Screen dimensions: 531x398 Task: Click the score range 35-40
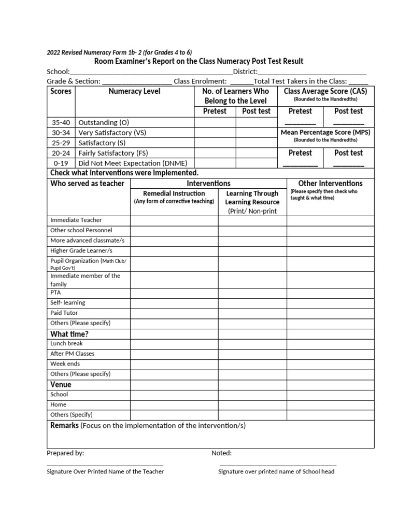61,123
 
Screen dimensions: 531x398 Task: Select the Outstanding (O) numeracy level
104,123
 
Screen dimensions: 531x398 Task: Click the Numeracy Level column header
134,91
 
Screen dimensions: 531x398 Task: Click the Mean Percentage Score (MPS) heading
325,132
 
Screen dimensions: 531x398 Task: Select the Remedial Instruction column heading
174,193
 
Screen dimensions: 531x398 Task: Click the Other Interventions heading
330,184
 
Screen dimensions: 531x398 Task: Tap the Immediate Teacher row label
76,220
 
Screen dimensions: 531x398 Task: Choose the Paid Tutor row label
64,313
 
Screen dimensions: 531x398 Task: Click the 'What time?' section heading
69,333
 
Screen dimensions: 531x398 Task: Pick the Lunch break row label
66,343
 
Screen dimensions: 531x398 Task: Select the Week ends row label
65,364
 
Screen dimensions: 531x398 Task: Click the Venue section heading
61,384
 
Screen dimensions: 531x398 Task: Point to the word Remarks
64,426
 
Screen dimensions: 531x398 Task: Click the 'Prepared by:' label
65,453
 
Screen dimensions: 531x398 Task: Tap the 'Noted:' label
221,453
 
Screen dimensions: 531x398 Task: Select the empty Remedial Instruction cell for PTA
174,292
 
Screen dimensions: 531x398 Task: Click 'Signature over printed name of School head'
276,471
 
